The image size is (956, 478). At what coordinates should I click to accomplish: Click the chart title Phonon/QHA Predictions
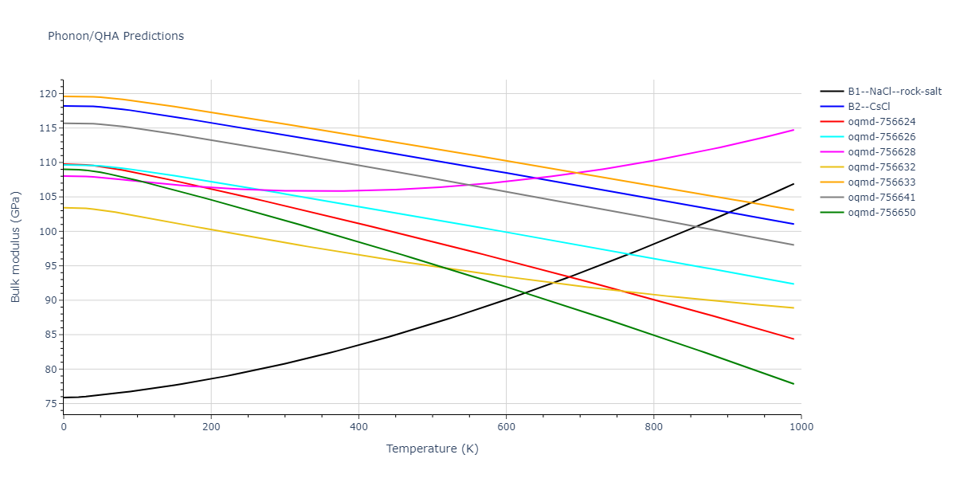pyautogui.click(x=116, y=36)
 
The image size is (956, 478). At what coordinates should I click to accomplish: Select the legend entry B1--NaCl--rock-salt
pyautogui.click(x=895, y=92)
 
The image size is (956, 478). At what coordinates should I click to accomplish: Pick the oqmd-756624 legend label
pyautogui.click(x=881, y=122)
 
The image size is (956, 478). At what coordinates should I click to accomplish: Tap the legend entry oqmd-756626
pyautogui.click(x=881, y=137)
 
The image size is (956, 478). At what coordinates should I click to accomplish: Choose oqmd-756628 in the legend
pyautogui.click(x=881, y=152)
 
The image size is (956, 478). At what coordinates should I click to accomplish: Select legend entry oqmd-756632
pyautogui.click(x=881, y=167)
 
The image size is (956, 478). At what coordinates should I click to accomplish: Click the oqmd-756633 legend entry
pyautogui.click(x=881, y=182)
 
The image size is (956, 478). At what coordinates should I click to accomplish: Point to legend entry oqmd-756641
pyautogui.click(x=881, y=198)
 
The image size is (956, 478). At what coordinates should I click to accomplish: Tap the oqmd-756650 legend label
pyautogui.click(x=881, y=213)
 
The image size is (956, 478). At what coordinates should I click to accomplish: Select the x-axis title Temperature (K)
pyautogui.click(x=432, y=449)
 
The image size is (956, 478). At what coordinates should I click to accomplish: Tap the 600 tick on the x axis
pyautogui.click(x=506, y=427)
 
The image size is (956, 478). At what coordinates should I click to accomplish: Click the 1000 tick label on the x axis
pyautogui.click(x=801, y=427)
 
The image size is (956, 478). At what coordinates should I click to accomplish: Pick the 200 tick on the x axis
pyautogui.click(x=211, y=427)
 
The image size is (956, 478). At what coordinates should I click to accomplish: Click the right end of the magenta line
pyautogui.click(x=793, y=130)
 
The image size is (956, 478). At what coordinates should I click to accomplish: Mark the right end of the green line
pyautogui.click(x=793, y=384)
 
